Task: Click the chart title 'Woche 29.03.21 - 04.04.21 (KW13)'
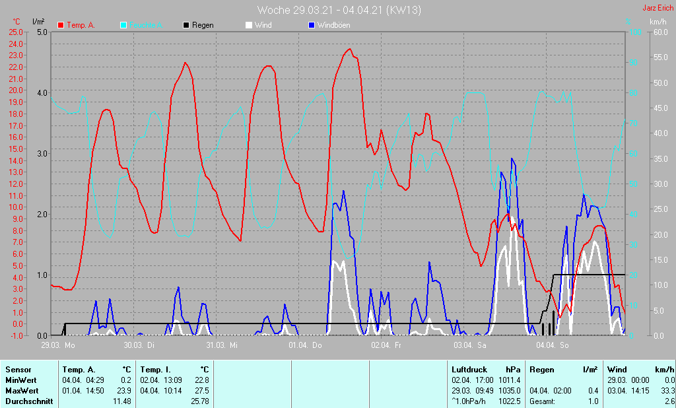tap(339, 10)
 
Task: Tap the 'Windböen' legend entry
tap(333, 25)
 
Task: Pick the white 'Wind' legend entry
tap(263, 25)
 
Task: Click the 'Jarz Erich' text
tap(658, 9)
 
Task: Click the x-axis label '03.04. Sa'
tap(470, 345)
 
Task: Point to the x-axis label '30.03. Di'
tap(140, 345)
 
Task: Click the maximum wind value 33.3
tap(667, 391)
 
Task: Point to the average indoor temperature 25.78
tap(199, 401)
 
